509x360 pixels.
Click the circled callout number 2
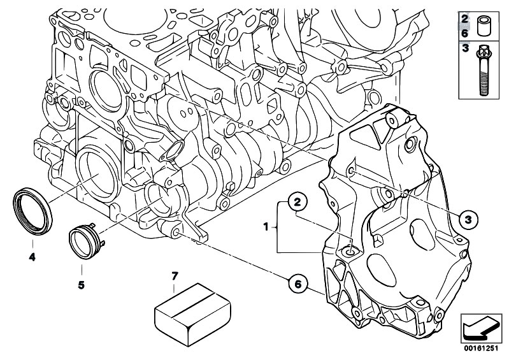coord(297,203)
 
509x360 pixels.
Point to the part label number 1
coord(265,226)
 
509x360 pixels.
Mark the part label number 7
coord(176,275)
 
